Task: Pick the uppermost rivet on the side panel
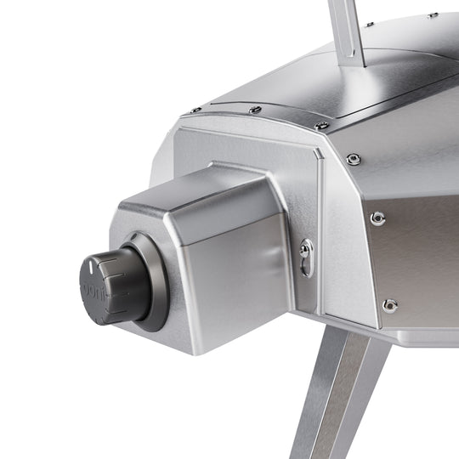coord(354,159)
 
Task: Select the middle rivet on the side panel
coord(377,218)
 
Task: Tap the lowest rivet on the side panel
coord(389,304)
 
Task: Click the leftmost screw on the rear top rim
coord(196,110)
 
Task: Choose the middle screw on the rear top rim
coord(254,110)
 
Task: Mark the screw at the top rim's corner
coord(323,126)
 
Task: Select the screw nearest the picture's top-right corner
coord(433,14)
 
